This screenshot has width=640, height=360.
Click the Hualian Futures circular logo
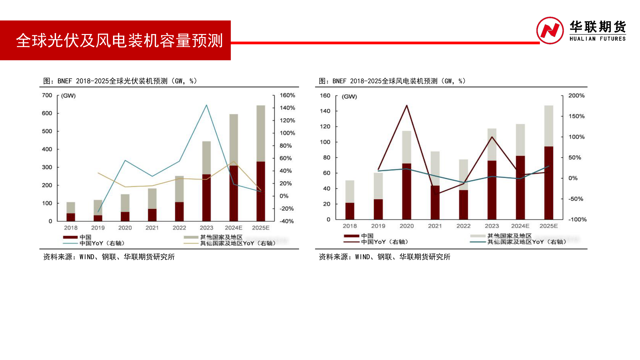550,31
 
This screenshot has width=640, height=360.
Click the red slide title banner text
119,41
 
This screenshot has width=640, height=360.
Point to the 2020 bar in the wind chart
407,175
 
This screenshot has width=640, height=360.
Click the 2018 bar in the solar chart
71,212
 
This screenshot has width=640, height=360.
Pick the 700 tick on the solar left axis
47,95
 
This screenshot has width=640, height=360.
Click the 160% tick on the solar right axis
287,95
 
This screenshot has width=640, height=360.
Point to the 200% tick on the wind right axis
576,96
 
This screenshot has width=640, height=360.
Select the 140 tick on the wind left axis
325,111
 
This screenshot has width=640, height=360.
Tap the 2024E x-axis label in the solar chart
233,228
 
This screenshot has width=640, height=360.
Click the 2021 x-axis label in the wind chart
435,226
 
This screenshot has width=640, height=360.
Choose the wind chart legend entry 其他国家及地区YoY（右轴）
527,242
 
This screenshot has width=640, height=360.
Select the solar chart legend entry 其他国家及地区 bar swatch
191,237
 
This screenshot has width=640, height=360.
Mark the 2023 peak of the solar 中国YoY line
206,105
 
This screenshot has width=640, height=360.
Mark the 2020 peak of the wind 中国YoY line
407,106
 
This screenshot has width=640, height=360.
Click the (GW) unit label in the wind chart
349,97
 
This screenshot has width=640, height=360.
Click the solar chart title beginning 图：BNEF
120,81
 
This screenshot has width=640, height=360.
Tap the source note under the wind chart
384,257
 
